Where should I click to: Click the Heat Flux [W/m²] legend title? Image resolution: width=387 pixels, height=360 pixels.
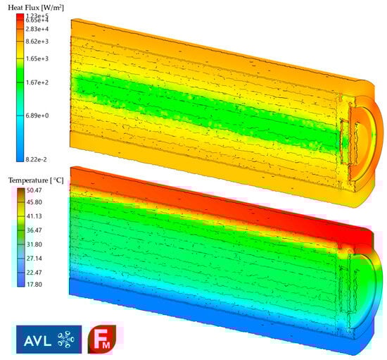(36, 8)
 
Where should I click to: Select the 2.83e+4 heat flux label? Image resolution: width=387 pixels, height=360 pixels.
(37, 29)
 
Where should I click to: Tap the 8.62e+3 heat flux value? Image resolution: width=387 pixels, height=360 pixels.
(37, 42)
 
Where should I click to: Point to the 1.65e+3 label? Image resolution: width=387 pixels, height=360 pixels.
(37, 58)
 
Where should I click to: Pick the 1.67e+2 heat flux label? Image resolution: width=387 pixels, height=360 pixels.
(37, 82)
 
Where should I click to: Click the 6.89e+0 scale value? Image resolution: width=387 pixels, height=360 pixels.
(37, 116)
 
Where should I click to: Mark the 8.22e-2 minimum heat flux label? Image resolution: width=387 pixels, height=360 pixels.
(36, 160)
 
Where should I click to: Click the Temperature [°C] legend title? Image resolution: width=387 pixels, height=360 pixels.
(36, 180)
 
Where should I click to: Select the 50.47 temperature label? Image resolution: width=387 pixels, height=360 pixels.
(34, 190)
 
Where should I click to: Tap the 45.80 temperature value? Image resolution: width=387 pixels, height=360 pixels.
(34, 202)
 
